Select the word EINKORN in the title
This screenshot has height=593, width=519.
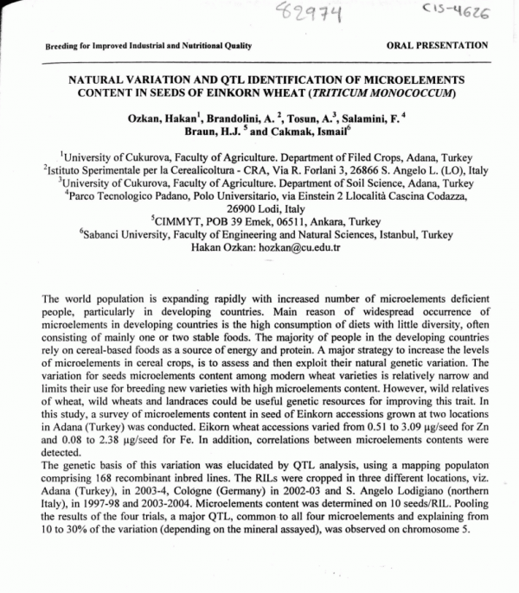[304, 91]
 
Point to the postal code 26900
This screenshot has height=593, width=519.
[241, 208]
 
